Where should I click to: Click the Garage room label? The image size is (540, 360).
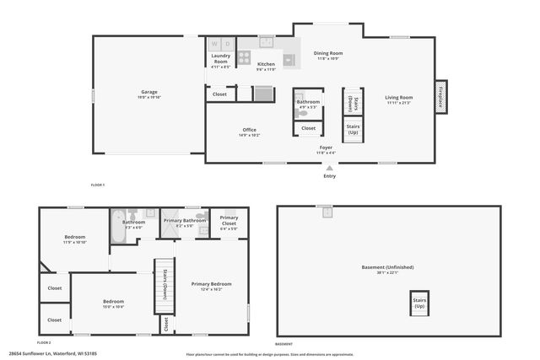148,92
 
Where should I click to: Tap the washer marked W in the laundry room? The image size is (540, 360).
214,44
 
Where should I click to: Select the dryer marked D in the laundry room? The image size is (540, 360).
227,44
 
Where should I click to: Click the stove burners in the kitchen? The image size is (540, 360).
244,58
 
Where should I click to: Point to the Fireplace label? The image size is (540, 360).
440,97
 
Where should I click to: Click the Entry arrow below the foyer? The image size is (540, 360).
329,168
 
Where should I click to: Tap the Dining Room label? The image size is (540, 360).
328,53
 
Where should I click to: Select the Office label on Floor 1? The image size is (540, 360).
249,130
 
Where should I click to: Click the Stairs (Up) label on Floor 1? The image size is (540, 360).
352,130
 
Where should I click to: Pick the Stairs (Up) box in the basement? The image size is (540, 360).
418,303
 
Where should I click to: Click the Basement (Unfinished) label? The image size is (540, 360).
389,267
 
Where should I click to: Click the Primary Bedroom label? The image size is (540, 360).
211,284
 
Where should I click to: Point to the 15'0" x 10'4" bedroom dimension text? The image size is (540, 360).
114,307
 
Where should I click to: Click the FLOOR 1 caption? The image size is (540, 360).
98,184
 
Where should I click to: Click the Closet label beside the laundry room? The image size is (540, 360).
219,94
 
